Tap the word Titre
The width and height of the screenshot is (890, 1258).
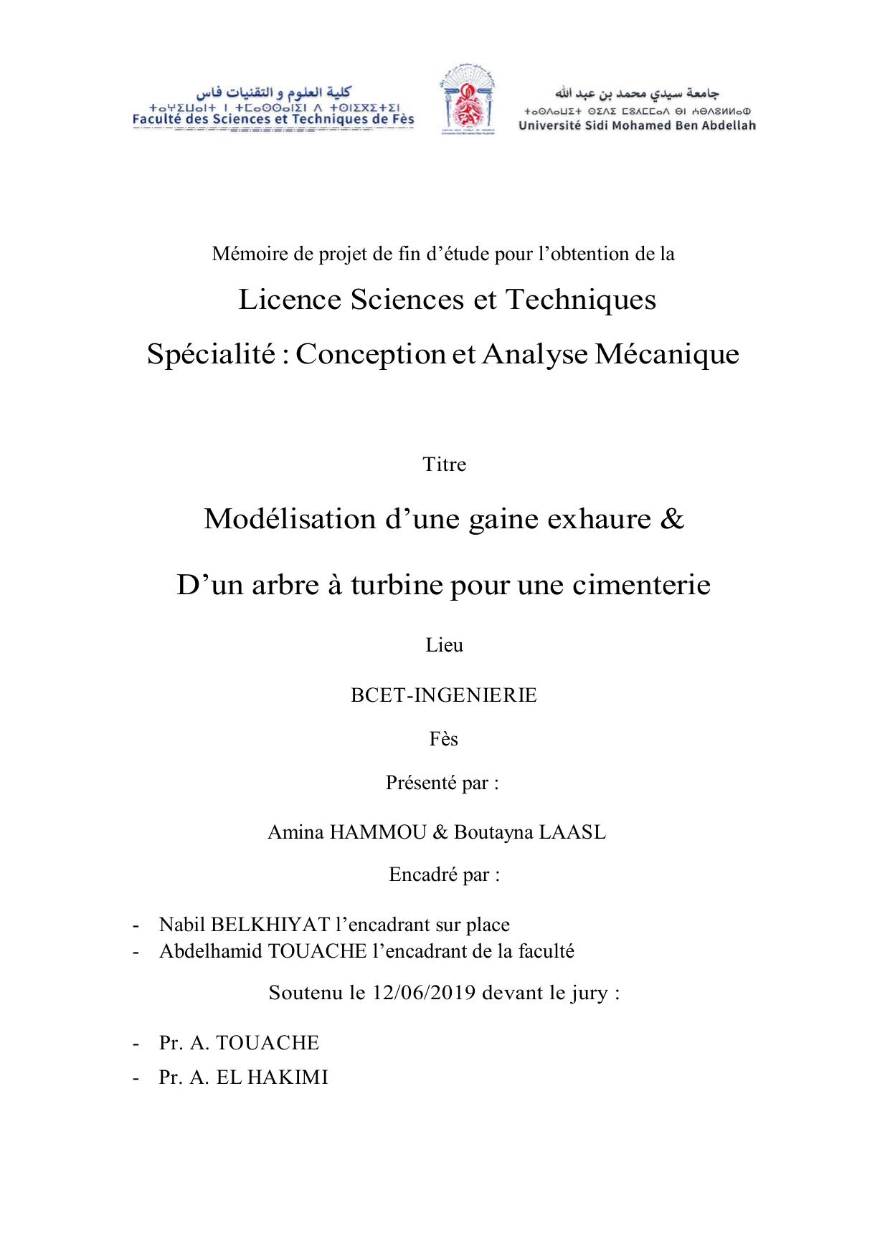[x=445, y=464]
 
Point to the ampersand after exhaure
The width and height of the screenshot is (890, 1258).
[x=670, y=518]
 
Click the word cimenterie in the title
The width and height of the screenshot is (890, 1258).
[x=641, y=585]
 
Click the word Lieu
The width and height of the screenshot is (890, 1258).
[x=445, y=645]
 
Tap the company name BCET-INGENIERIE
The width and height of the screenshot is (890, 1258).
[x=444, y=695]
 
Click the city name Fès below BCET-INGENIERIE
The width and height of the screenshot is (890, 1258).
[x=444, y=739]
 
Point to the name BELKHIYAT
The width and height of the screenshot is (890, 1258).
[x=270, y=925]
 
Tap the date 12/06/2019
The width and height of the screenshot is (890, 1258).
[x=424, y=993]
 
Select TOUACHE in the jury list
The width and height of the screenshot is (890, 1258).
[x=267, y=1042]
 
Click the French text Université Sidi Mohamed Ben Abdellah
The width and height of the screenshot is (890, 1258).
[x=637, y=125]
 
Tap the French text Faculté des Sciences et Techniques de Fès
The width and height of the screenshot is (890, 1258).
[x=273, y=120]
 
